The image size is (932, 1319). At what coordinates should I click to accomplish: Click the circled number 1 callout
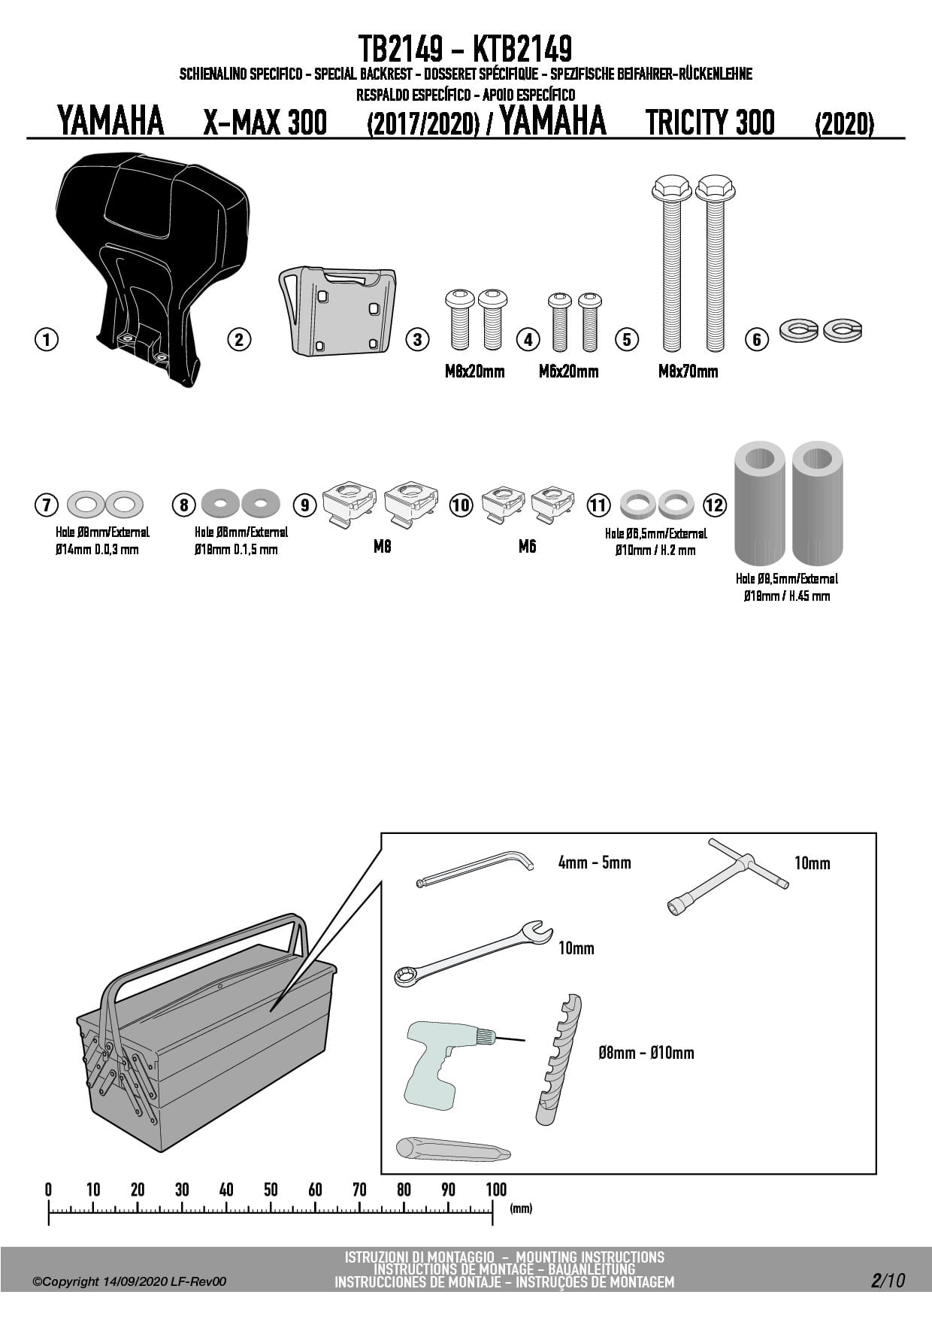coord(47,339)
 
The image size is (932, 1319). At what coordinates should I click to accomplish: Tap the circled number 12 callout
coord(715,505)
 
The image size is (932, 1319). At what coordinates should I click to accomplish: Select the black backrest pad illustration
coord(153,268)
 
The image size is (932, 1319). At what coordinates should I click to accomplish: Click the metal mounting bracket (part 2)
coord(337,309)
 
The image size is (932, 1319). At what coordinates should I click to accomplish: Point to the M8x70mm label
coord(688,371)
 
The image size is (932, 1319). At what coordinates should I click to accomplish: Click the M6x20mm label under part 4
coord(568,371)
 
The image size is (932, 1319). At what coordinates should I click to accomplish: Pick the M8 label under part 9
coord(382,547)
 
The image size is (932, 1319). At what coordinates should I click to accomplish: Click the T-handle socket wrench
coord(728,876)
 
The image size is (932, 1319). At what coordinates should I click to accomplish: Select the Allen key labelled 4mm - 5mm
coord(475,869)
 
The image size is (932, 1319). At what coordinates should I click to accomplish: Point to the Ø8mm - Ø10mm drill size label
coord(646,1053)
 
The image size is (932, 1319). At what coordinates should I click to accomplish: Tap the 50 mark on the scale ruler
coord(271,1190)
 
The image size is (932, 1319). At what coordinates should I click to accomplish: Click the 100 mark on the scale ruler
coord(496,1190)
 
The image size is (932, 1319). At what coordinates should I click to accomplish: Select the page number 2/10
coord(888,1280)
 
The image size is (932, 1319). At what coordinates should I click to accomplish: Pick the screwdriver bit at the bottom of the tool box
coord(453,1150)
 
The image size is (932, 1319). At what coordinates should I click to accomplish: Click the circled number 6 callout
coord(757,340)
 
